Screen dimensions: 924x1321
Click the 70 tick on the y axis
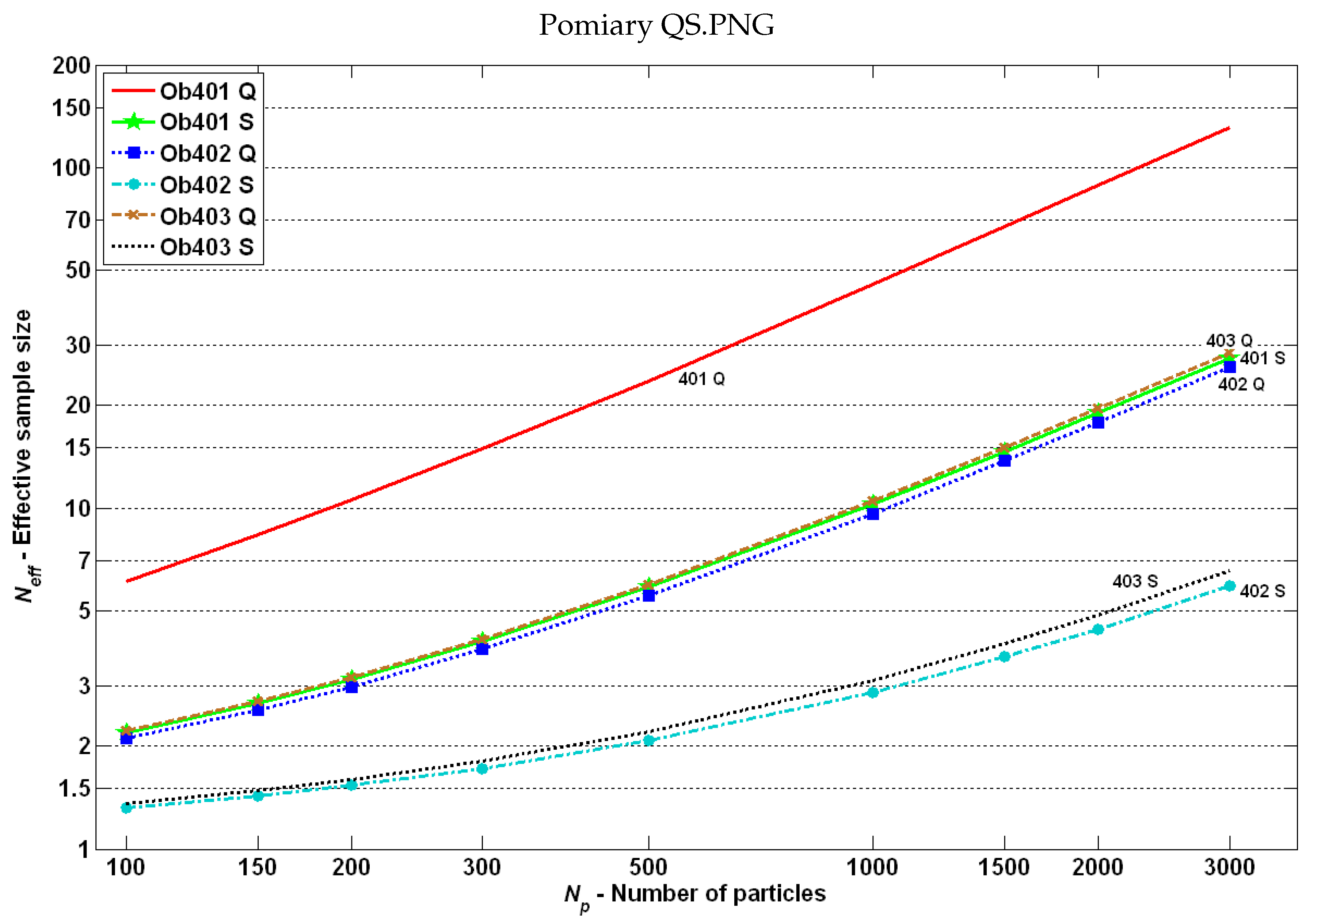click(x=78, y=220)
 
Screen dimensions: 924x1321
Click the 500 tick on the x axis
click(x=648, y=867)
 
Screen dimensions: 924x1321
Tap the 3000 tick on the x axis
click(x=1230, y=867)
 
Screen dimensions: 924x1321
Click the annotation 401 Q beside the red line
click(x=701, y=379)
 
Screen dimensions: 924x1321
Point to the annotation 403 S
click(x=1135, y=581)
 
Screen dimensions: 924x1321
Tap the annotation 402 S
click(x=1262, y=591)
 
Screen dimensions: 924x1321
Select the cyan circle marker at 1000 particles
click(x=873, y=693)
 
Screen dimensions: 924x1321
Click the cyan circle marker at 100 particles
click(x=126, y=808)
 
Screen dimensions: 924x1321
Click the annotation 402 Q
click(x=1241, y=384)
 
